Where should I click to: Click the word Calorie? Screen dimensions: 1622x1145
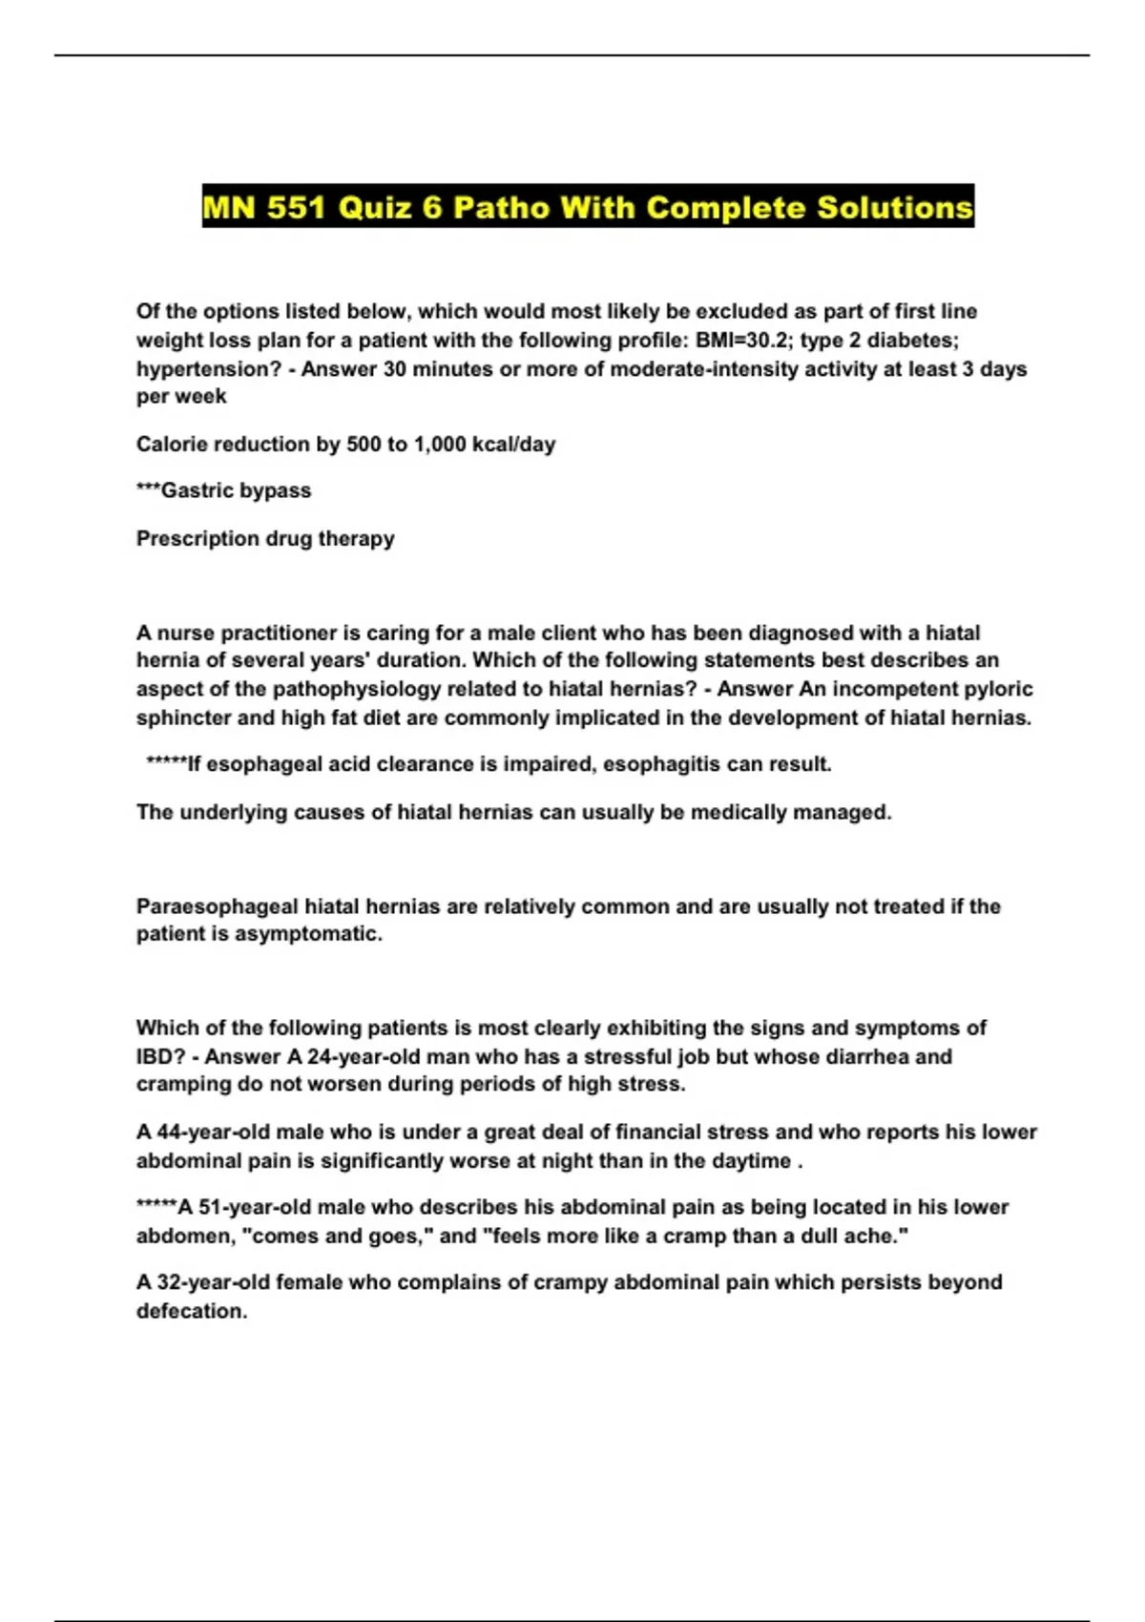[172, 444]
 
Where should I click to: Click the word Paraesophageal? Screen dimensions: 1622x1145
[217, 906]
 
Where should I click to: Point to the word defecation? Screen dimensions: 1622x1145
[191, 1311]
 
